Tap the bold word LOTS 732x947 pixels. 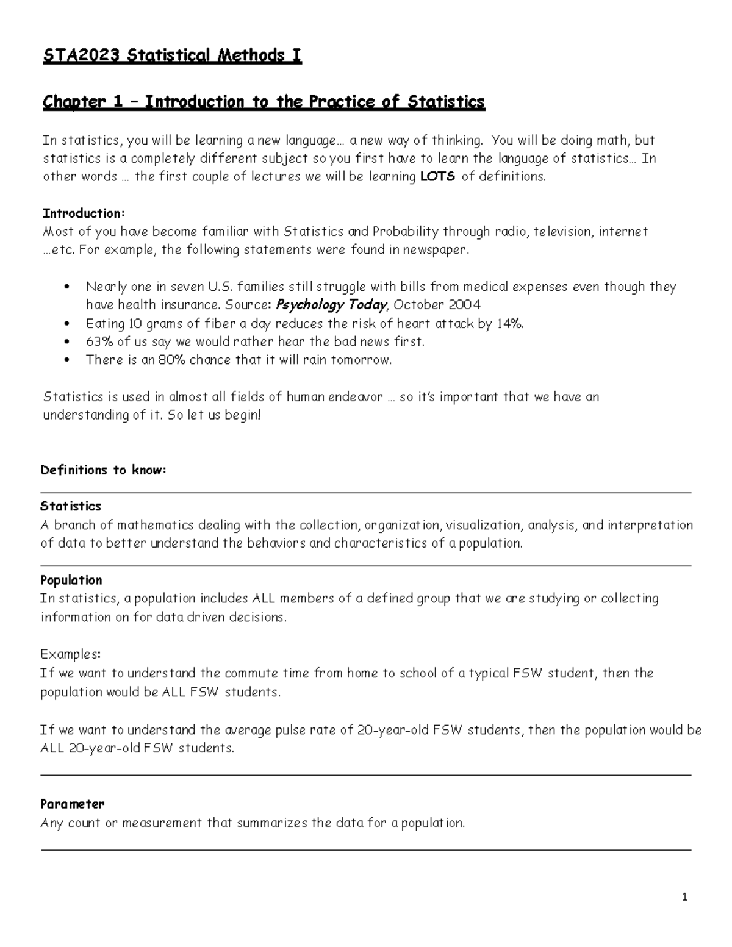(437, 177)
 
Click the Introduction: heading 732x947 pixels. (83, 213)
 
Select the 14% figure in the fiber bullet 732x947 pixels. (509, 324)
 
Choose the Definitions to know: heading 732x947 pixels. (103, 470)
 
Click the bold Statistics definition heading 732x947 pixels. (71, 506)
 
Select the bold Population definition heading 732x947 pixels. (71, 580)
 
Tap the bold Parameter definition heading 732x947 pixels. (73, 804)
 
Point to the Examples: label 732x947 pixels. (70, 654)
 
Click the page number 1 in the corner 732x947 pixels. (685, 896)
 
